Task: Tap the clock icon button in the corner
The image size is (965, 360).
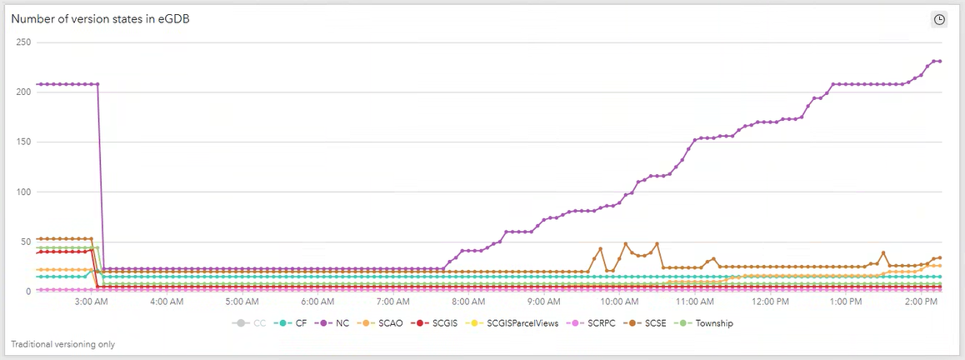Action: coord(939,19)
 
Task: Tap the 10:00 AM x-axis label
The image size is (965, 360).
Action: coord(619,302)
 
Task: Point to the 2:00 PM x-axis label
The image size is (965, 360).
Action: coord(922,302)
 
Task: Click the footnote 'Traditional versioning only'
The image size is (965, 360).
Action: coord(63,344)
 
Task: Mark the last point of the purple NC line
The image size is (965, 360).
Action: coord(940,61)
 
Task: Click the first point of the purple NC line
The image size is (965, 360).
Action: coord(38,84)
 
